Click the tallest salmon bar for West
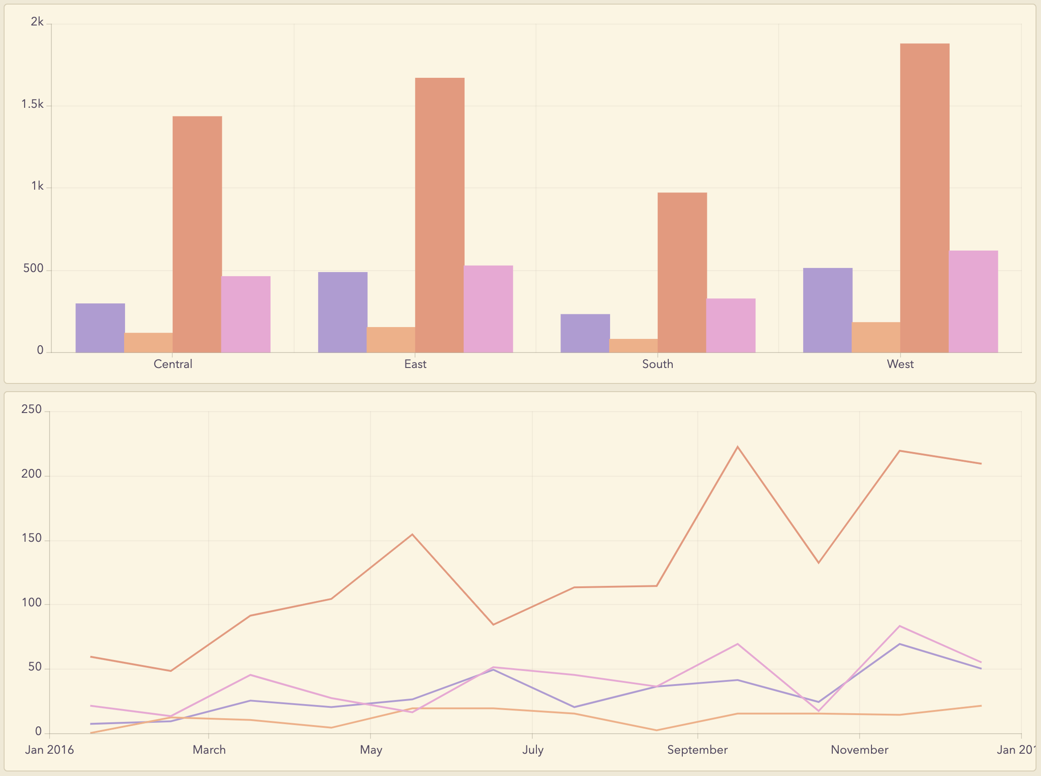point(924,197)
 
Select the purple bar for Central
point(100,328)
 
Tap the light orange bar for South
point(633,345)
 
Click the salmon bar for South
point(682,272)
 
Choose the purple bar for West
point(827,310)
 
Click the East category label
point(415,364)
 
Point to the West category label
point(900,364)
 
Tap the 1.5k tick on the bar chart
point(32,104)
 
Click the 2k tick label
point(37,22)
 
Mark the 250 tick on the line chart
point(31,409)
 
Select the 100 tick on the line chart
point(31,603)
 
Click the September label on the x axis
point(697,750)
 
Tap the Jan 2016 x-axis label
point(49,750)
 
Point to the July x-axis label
point(533,750)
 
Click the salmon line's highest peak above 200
point(737,447)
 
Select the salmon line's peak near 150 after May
point(412,534)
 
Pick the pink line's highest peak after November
point(899,626)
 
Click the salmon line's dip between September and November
point(819,563)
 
